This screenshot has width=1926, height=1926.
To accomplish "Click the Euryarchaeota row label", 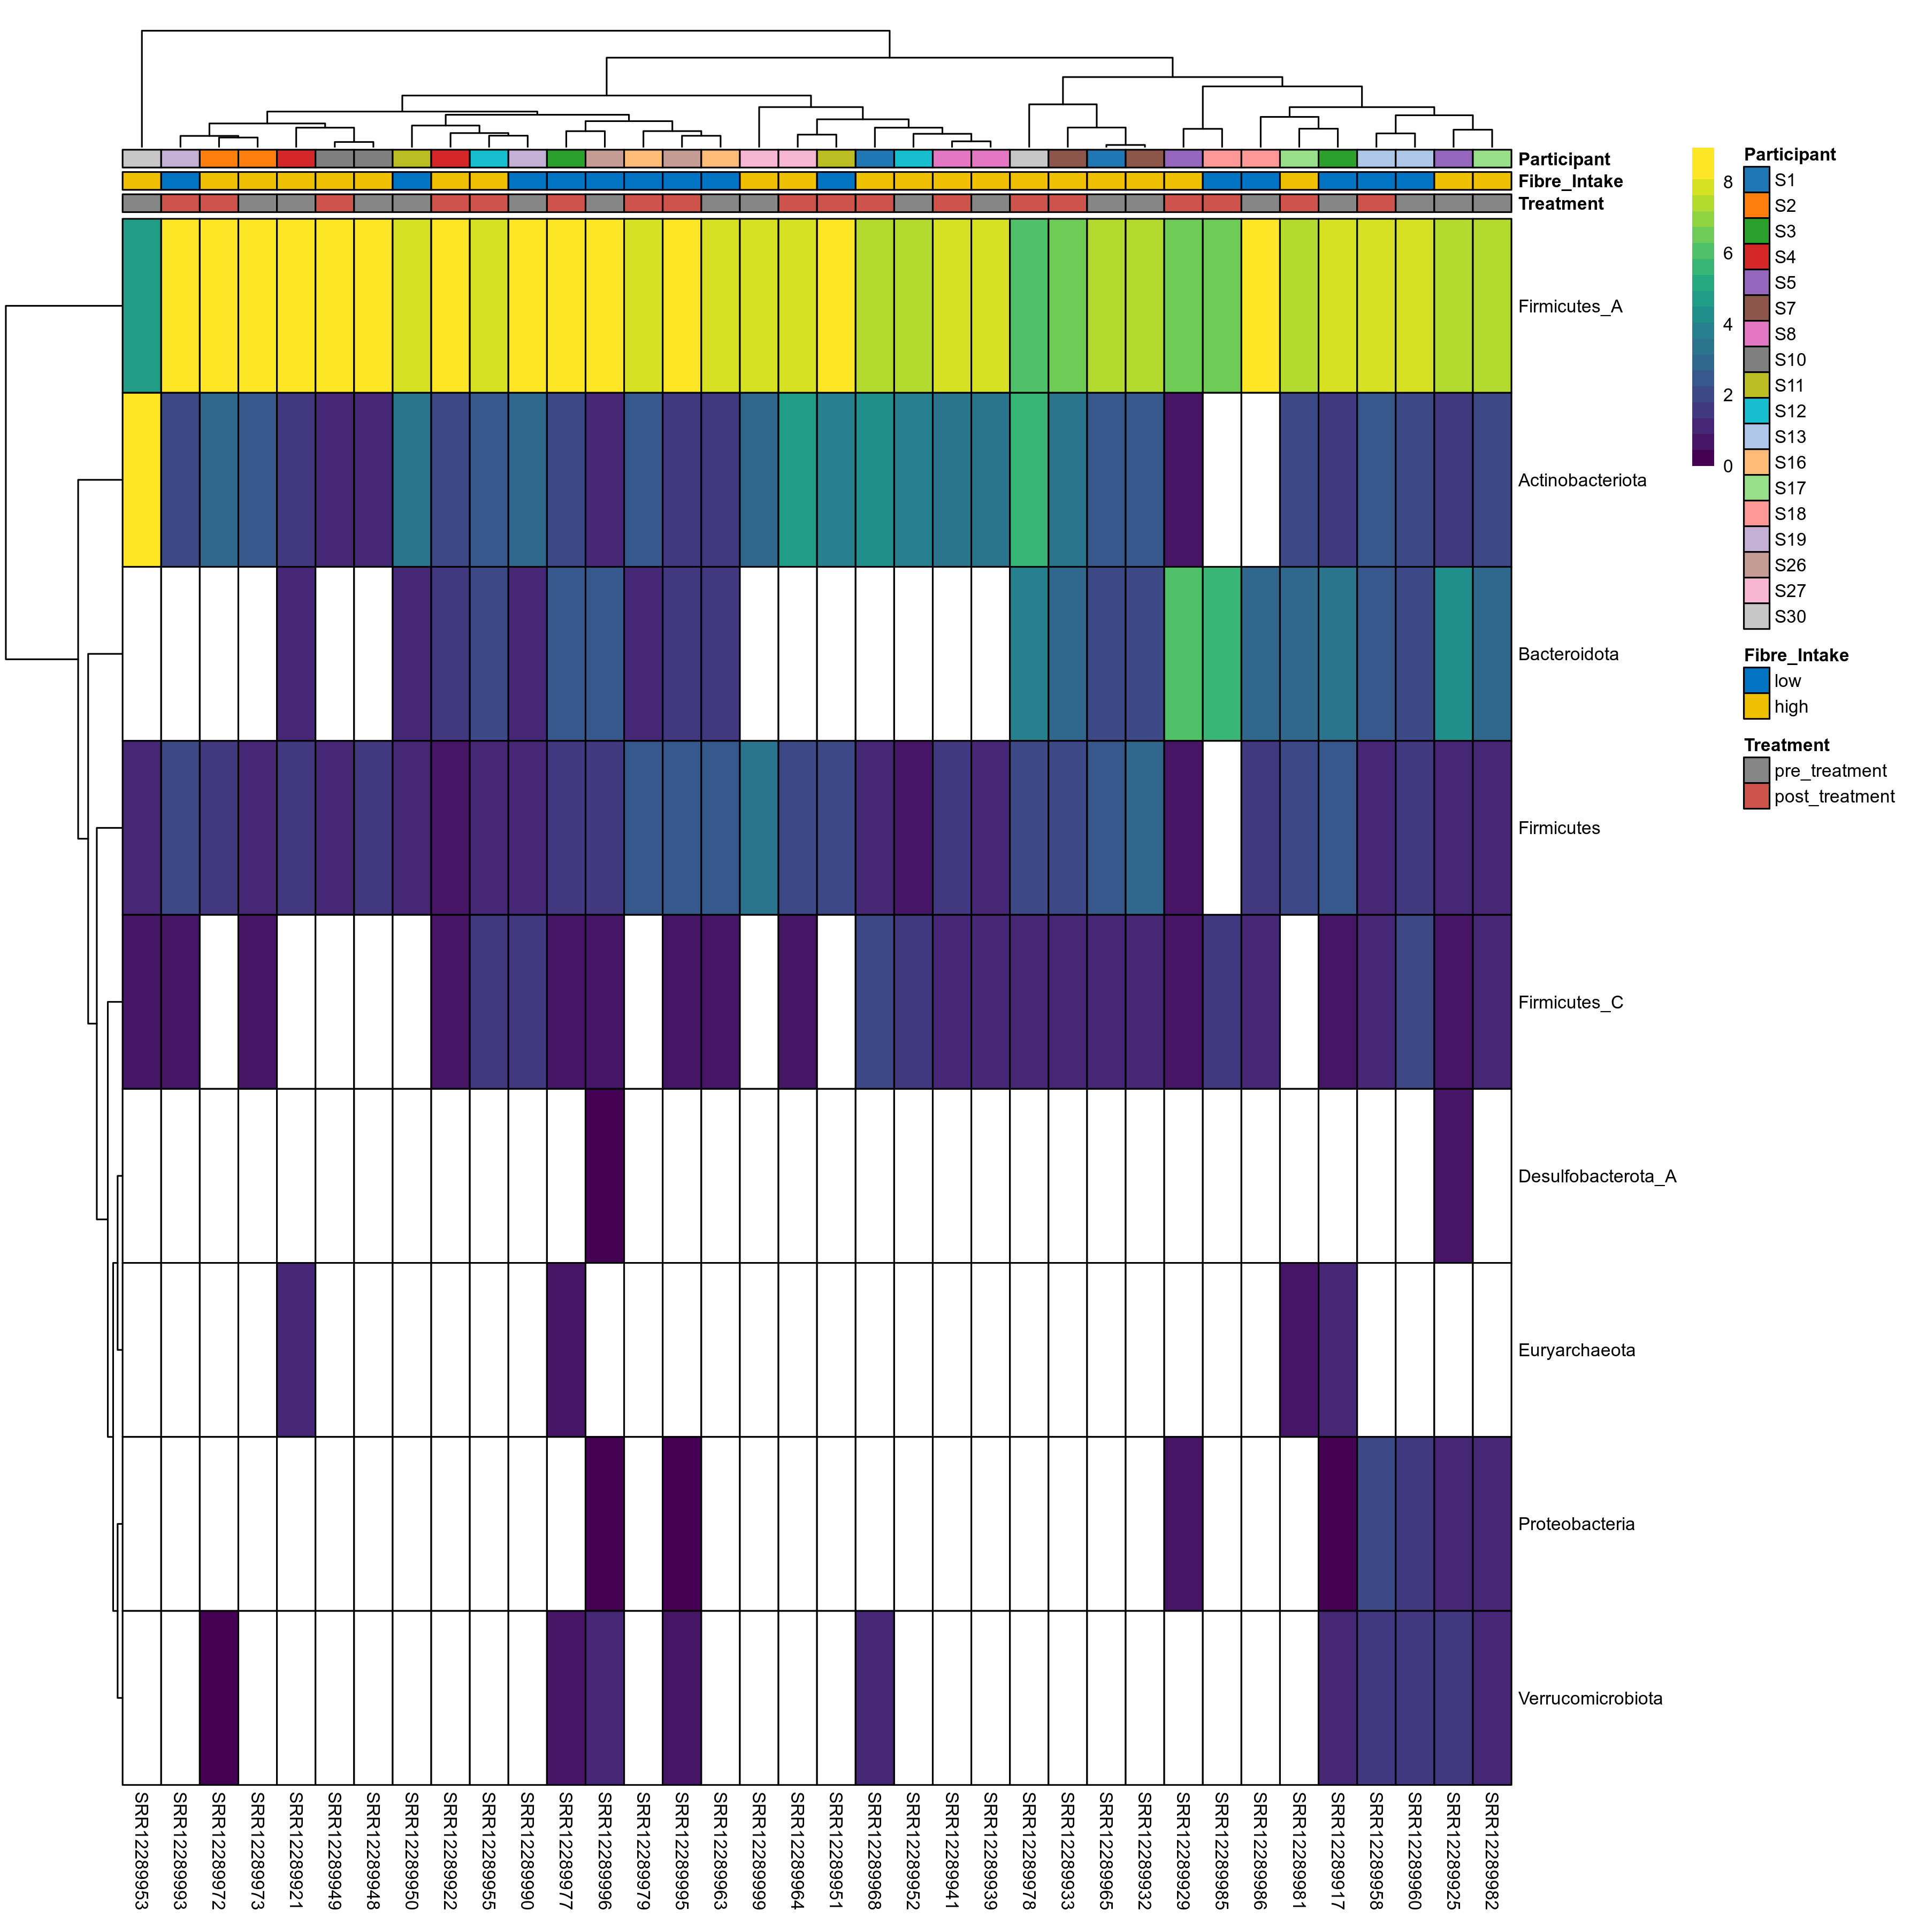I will (1576, 1351).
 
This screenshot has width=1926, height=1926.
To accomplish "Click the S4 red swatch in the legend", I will (1756, 257).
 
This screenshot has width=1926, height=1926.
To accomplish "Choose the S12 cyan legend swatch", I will (1756, 411).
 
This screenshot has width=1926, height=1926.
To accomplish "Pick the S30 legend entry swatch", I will (1756, 616).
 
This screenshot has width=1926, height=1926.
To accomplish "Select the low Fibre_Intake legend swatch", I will (1756, 681).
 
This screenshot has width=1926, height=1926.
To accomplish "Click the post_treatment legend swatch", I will (1756, 797).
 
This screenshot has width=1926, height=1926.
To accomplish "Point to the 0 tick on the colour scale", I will (1728, 465).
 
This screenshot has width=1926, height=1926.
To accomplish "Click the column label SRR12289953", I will (142, 1849).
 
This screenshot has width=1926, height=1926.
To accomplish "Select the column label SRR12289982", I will (1492, 1849).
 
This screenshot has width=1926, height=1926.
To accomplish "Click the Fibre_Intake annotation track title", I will (1570, 181).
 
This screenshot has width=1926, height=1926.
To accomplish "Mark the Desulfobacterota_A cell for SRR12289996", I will (604, 1176).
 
